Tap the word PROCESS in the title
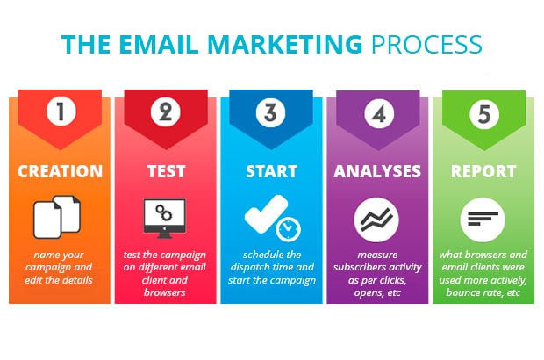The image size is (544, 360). click(x=426, y=44)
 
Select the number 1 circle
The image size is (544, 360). click(x=61, y=112)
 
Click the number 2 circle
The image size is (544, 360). click(x=166, y=112)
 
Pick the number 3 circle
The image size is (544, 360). click(x=270, y=112)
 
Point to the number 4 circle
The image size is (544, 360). click(x=379, y=113)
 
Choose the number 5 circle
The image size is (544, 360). click(x=484, y=114)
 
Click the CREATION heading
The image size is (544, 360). click(x=61, y=171)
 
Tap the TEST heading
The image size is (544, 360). click(x=167, y=171)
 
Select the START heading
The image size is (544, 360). click(x=272, y=171)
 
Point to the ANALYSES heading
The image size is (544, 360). click(x=377, y=171)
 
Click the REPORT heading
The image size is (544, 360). click(x=483, y=171)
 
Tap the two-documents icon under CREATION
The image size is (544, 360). click(x=57, y=217)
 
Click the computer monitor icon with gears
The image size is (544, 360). click(x=165, y=218)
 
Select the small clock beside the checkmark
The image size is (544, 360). click(x=288, y=229)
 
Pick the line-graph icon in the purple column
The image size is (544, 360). click(x=376, y=220)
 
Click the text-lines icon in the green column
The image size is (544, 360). click(x=483, y=220)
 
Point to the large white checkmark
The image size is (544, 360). click(x=265, y=213)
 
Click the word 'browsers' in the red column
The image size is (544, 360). click(x=165, y=292)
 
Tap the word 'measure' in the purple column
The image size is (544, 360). click(x=377, y=255)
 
